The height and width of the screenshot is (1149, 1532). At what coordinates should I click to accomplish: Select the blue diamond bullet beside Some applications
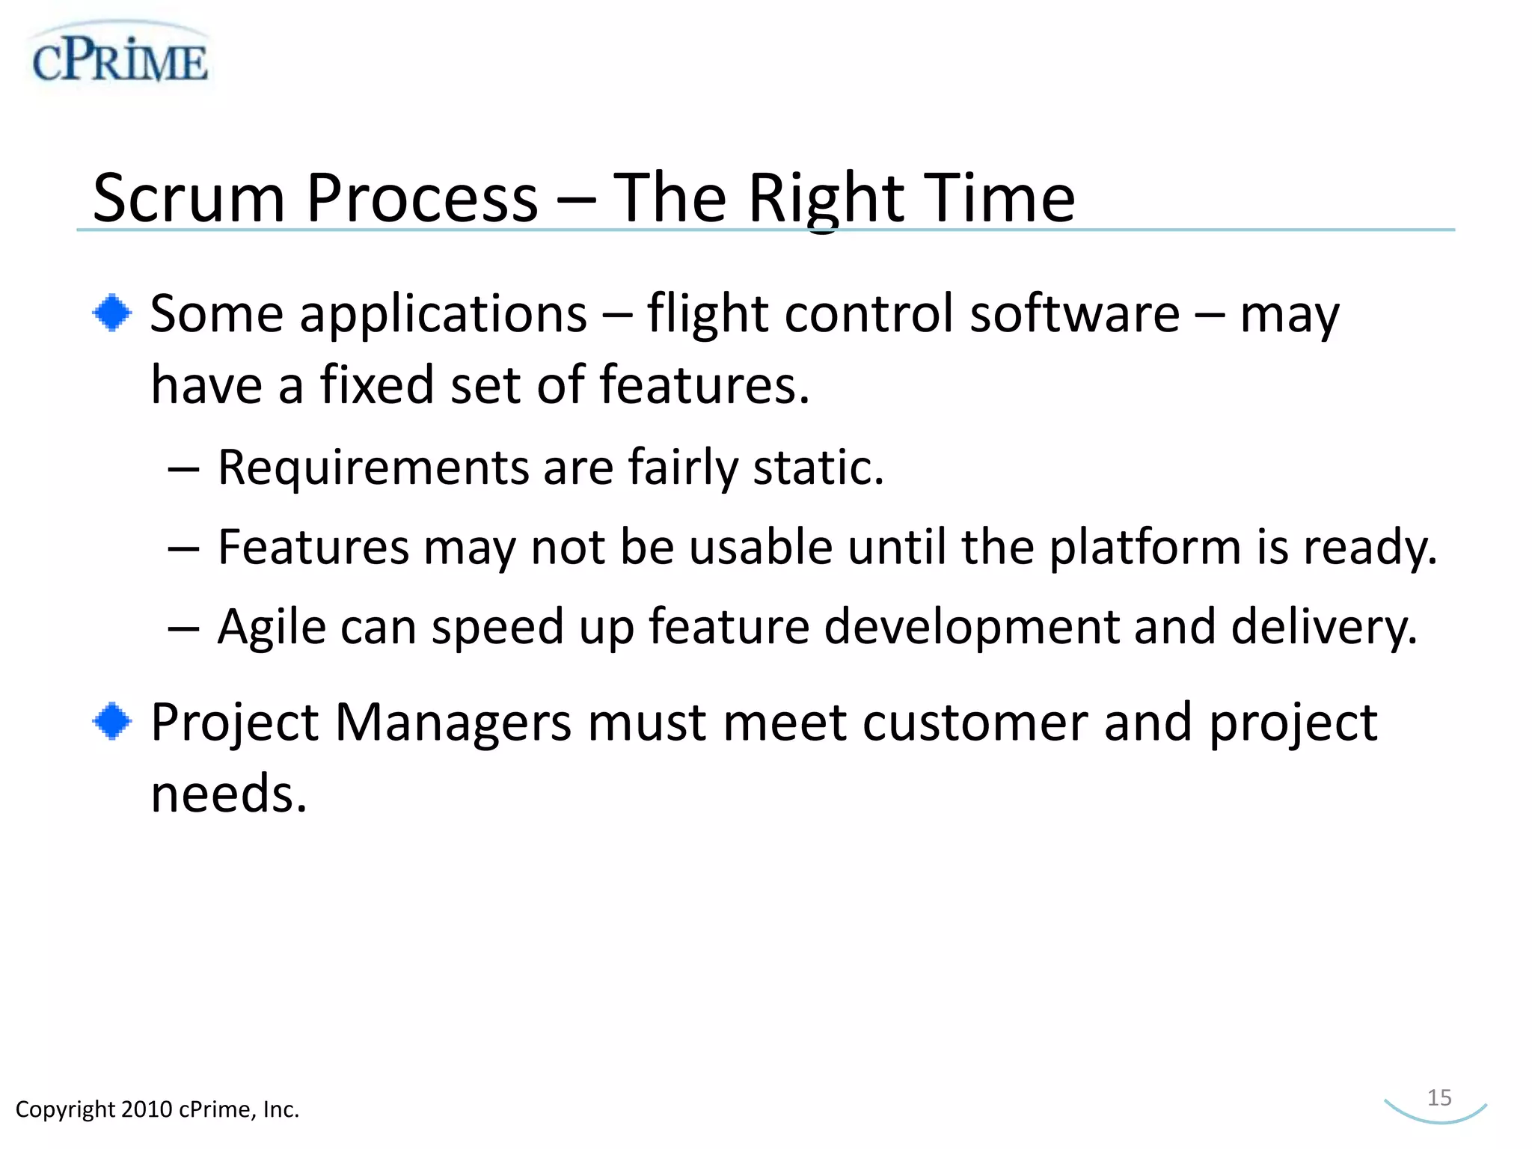coord(112,313)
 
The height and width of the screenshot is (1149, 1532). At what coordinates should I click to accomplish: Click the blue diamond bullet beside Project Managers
coord(112,722)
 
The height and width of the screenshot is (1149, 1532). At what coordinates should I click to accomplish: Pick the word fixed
coord(377,385)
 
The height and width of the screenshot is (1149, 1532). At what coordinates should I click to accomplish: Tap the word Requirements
coord(374,468)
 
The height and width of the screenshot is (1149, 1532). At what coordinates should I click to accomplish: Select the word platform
coord(1145,548)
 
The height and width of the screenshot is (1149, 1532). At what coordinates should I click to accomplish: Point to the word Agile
coord(272,627)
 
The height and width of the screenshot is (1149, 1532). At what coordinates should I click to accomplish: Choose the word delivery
coord(1324,627)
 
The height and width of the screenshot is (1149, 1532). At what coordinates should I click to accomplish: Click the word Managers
coord(453,723)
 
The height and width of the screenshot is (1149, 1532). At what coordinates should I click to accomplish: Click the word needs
coord(228,794)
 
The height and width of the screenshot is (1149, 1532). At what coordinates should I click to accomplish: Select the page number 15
coord(1438,1097)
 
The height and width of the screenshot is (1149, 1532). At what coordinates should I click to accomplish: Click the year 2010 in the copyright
coord(147,1109)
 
